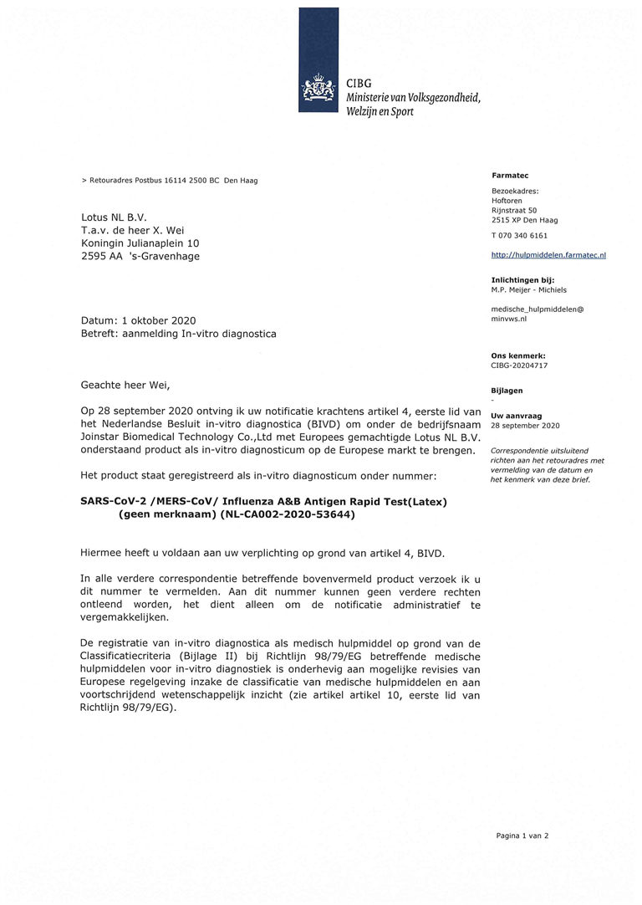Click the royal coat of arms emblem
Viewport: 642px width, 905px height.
(318, 89)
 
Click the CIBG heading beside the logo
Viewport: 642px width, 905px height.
(359, 84)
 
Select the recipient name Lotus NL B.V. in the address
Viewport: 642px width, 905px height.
(114, 217)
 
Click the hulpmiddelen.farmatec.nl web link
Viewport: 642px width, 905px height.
(548, 254)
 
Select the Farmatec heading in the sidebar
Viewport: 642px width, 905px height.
(510, 176)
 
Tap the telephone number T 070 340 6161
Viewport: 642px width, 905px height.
(519, 235)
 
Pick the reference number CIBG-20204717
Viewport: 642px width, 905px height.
(519, 366)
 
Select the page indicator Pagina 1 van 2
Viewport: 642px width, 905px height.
(522, 835)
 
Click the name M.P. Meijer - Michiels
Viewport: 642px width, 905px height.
(528, 290)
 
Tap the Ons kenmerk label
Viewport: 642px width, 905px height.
(517, 355)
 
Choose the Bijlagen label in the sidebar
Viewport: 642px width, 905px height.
(507, 391)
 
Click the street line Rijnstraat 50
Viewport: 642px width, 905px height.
(514, 211)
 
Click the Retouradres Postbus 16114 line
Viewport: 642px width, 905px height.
(170, 181)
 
